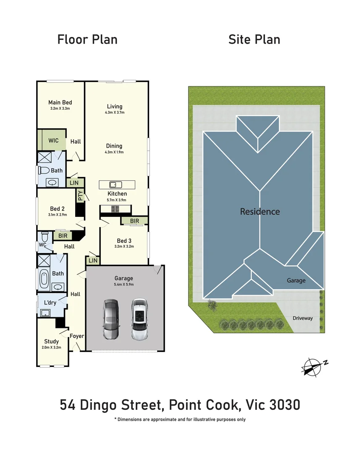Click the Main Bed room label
60,102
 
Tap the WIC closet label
53,140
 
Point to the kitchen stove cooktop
116,209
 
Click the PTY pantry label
80,196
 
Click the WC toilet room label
42,244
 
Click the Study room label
52,341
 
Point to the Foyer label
77,336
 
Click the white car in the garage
140,319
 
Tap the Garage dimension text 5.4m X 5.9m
124,284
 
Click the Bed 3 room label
124,241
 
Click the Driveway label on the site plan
302,318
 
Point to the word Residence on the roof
260,211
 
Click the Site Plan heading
254,40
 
